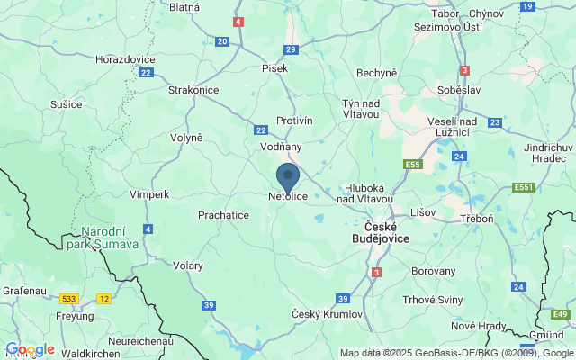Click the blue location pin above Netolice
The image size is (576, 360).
pos(288,175)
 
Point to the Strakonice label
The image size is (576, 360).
pos(194,90)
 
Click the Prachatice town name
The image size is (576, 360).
pos(223,215)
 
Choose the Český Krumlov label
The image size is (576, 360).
pos(328,313)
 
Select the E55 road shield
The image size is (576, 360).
pos(414,165)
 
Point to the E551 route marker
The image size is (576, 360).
pos(523,187)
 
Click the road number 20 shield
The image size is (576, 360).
pos(222,41)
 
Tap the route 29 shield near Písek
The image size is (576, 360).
pos(290,50)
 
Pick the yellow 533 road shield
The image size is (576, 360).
pos(68,298)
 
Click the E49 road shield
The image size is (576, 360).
pos(561,314)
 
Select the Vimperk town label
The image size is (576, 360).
pos(148,193)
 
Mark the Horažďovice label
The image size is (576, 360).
pos(127,58)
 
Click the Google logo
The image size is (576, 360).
pos(30,349)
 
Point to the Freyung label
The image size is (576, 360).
pos(74,316)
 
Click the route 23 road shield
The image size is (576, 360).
pos(495,122)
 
